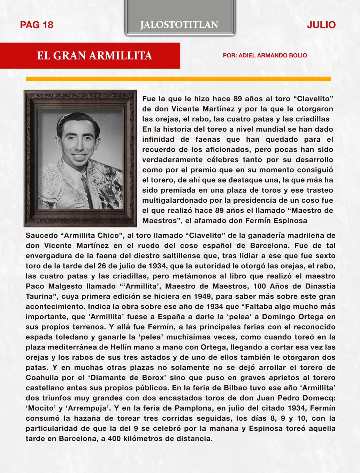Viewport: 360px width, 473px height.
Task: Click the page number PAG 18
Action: (x=37, y=25)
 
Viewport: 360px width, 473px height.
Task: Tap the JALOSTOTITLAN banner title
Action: (x=179, y=25)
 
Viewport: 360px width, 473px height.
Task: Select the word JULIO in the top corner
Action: (x=321, y=25)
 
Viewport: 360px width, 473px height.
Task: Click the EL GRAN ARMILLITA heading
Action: (x=95, y=56)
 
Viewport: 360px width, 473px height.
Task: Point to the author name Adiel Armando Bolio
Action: (x=265, y=55)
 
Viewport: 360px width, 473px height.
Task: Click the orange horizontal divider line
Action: (x=178, y=79)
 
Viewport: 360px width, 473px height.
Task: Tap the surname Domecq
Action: (x=319, y=397)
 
